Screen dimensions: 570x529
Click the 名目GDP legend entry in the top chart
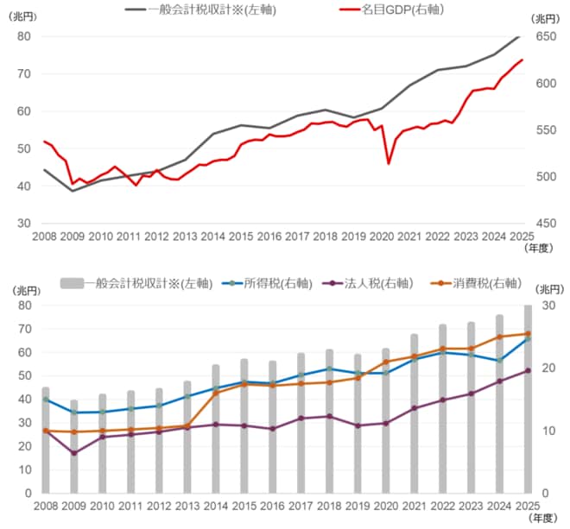pos(392,9)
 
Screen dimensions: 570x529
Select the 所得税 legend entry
pos(267,283)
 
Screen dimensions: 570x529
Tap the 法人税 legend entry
pos(368,283)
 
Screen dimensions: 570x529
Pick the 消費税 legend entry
pos(476,283)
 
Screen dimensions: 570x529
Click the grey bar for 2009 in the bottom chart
pos(73,446)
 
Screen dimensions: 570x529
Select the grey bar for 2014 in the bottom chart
pos(216,429)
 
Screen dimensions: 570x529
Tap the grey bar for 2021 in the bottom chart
pos(415,413)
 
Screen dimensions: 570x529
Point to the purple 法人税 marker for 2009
pos(74,453)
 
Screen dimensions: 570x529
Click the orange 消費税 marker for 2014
pos(216,393)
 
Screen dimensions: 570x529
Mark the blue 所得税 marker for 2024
pos(499,361)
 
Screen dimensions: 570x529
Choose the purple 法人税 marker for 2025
pos(528,370)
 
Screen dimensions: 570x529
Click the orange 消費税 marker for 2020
pos(386,362)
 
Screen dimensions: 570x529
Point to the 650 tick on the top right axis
pos(546,36)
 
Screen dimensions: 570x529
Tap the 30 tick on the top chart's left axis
pos(23,224)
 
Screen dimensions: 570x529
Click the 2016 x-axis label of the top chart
pos(269,236)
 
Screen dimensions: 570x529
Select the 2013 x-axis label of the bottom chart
pos(187,506)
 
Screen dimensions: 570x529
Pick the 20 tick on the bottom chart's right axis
pos(548,368)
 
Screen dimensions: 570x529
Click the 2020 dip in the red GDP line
pos(389,164)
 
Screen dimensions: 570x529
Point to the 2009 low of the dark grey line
pos(73,191)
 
